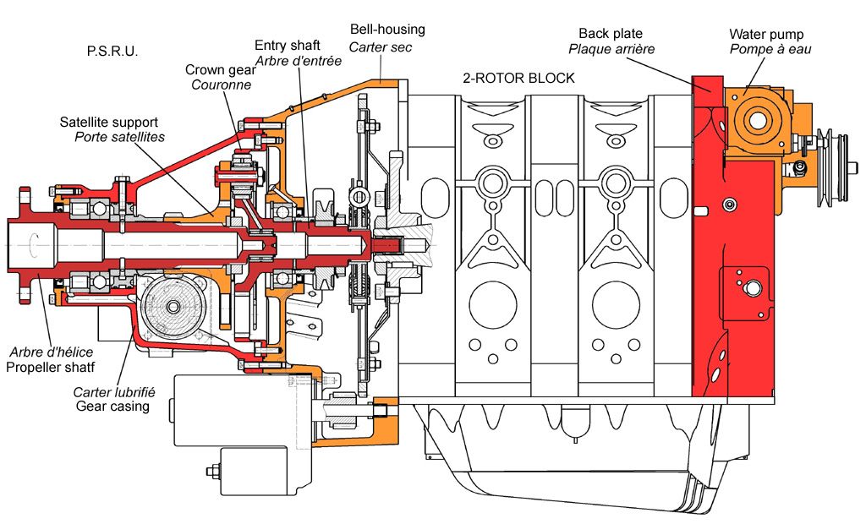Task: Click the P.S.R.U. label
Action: pyautogui.click(x=112, y=52)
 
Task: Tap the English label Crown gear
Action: pyautogui.click(x=221, y=70)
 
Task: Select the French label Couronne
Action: pyautogui.click(x=221, y=85)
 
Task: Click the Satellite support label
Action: pyautogui.click(x=109, y=122)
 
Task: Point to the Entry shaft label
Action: pyautogui.click(x=288, y=46)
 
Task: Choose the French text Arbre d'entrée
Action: pyautogui.click(x=299, y=61)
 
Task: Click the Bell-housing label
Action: pyautogui.click(x=387, y=30)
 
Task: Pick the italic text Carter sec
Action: pyautogui.click(x=381, y=47)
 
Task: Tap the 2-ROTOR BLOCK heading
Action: pyautogui.click(x=518, y=79)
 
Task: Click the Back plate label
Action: pyautogui.click(x=611, y=34)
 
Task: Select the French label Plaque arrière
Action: pyautogui.click(x=611, y=49)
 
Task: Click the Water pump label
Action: pyautogui.click(x=766, y=35)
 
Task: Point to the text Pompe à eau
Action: pyautogui.click(x=770, y=49)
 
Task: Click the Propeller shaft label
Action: pyautogui.click(x=50, y=367)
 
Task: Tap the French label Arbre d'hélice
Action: pyautogui.click(x=52, y=352)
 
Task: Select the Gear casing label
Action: pyautogui.click(x=112, y=407)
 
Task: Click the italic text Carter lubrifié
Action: pyautogui.click(x=114, y=392)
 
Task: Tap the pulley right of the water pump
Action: pyautogui.click(x=836, y=168)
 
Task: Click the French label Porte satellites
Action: pyautogui.click(x=120, y=137)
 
